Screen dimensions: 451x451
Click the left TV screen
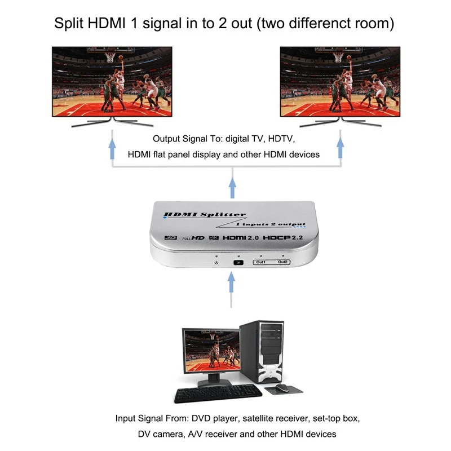pos(112,82)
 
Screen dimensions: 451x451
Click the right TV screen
pos(341,82)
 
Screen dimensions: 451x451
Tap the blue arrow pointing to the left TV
pos(112,149)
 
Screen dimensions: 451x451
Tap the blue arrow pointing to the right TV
pos(341,148)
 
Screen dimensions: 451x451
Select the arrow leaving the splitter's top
pos(232,188)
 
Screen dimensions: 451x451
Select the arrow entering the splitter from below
pos(231,282)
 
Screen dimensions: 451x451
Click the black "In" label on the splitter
pos(238,263)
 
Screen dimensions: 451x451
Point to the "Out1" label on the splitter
pos(261,262)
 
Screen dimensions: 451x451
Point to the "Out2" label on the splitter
pos(282,262)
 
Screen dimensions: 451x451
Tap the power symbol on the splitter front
pos(216,263)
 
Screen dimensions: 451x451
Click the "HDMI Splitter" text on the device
pos(205,215)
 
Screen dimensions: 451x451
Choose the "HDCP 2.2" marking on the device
pos(283,237)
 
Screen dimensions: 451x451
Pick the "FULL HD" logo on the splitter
pos(193,238)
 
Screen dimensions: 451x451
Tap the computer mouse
pos(282,388)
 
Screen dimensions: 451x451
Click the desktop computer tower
pos(262,352)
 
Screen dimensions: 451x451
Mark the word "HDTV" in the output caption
pos(281,139)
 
